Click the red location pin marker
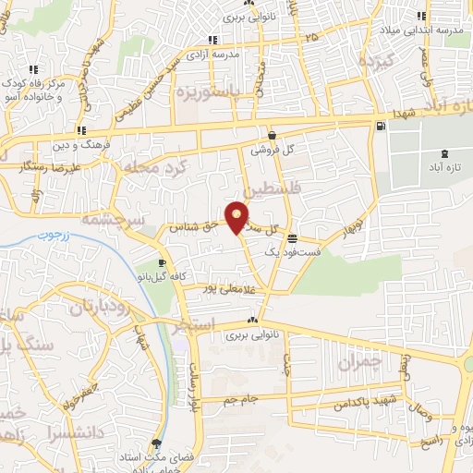tap(237, 215)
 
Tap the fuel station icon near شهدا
tap(380, 126)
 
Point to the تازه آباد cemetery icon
tap(447, 152)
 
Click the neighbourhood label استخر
tap(194, 325)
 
